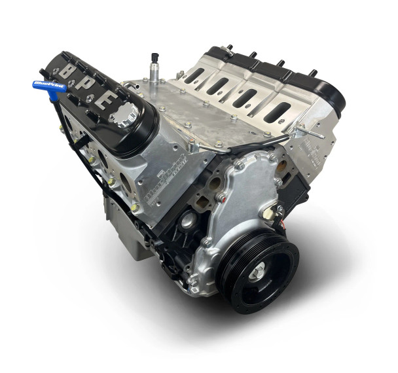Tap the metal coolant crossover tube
pyautogui.click(x=249, y=145)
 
